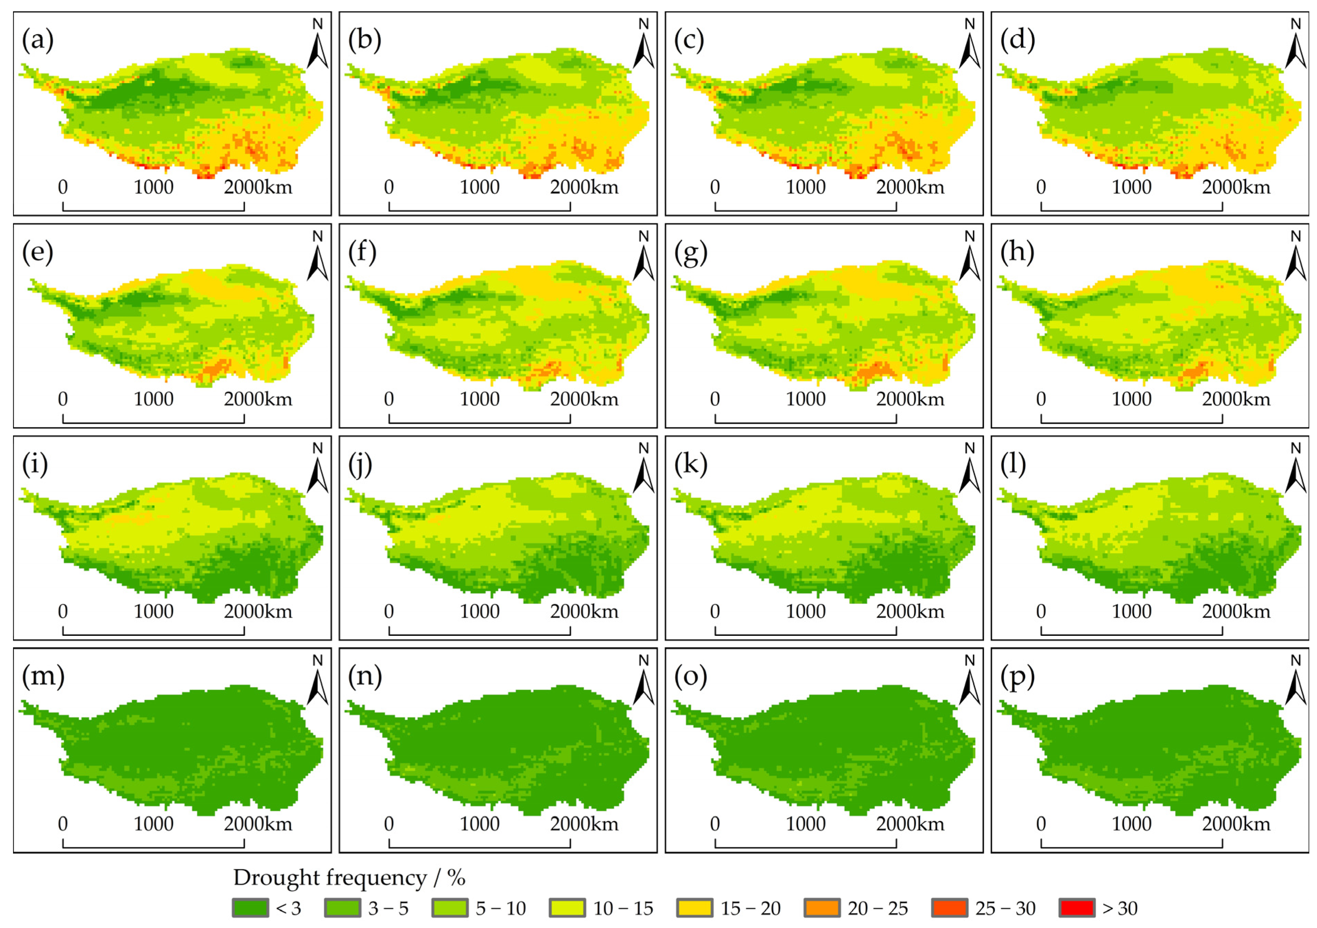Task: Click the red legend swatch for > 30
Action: click(x=1077, y=908)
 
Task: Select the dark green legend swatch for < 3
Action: click(x=250, y=908)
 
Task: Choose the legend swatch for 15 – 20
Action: click(x=695, y=908)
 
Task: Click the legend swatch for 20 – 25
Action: click(x=822, y=908)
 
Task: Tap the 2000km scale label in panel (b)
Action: click(x=584, y=187)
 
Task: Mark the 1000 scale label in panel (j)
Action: click(x=479, y=611)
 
